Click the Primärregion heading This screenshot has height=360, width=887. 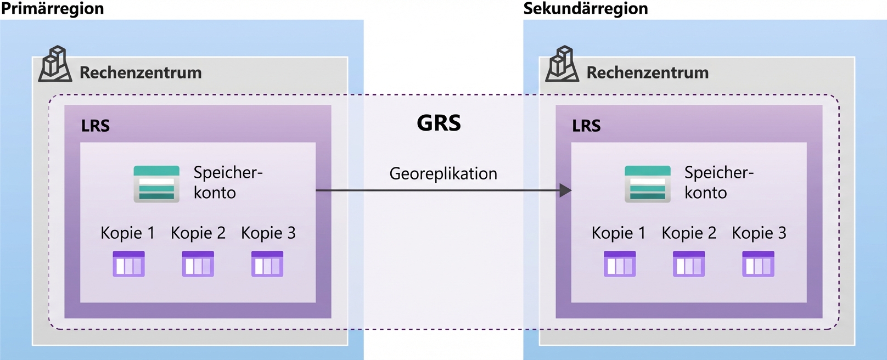(x=53, y=9)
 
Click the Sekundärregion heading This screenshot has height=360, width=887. (x=586, y=9)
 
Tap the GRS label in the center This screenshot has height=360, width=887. (x=439, y=123)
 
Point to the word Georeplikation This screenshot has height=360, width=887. (x=443, y=174)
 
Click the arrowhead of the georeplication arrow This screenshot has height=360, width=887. (x=565, y=191)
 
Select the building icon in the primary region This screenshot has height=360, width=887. (x=55, y=64)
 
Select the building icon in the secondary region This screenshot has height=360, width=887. (x=562, y=64)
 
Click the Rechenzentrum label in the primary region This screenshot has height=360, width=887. (x=141, y=73)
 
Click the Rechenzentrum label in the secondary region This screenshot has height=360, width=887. (x=648, y=73)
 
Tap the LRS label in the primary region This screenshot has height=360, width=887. (x=96, y=126)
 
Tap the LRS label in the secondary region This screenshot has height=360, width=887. (x=586, y=126)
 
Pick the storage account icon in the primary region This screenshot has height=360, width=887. (x=156, y=184)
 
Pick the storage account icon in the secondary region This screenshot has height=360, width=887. (x=647, y=184)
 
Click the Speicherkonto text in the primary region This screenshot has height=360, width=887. (x=228, y=183)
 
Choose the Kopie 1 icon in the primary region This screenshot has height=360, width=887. (x=128, y=264)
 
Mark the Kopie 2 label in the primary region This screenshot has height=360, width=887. (x=198, y=233)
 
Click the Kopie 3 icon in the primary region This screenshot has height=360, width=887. (x=267, y=264)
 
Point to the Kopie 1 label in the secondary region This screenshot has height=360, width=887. (x=618, y=233)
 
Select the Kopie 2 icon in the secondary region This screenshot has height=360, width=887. (x=689, y=264)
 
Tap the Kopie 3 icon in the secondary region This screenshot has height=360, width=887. (x=758, y=264)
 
